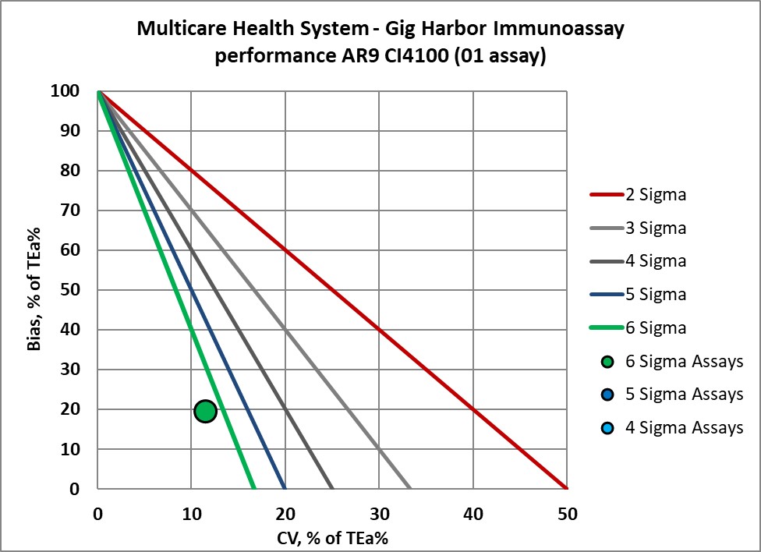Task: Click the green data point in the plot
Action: coord(205,411)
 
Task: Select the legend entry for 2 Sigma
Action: coord(655,195)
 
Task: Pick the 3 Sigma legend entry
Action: coord(655,228)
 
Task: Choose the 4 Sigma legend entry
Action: coord(655,261)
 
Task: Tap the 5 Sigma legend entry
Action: coord(655,295)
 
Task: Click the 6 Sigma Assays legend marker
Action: coord(608,362)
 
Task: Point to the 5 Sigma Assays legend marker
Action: coord(608,395)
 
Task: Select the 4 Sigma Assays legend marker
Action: coord(608,427)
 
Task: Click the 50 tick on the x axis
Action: coord(567,515)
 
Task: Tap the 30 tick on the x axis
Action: coord(379,515)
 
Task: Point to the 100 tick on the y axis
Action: coord(65,91)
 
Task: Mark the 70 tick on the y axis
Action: coord(70,211)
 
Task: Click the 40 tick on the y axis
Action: coord(70,330)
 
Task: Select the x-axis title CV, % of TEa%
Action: coord(332,537)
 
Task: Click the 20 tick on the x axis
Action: coord(285,515)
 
